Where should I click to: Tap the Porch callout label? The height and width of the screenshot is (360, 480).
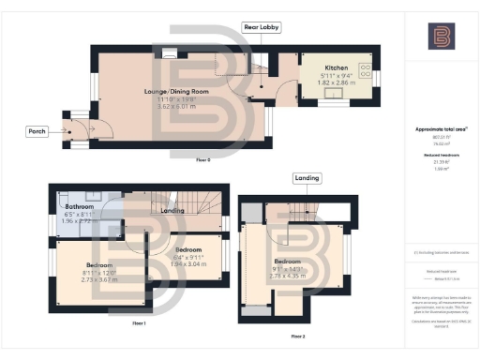coord(36,132)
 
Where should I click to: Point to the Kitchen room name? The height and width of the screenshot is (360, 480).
coord(337,68)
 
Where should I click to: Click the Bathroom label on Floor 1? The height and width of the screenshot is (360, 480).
coord(80,204)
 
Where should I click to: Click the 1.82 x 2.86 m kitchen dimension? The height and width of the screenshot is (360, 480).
coord(337,83)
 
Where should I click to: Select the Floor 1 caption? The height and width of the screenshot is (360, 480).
coord(139,322)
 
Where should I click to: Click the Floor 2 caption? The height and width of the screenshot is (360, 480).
coord(298,335)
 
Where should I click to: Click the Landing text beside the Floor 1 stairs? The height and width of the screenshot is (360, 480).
coord(172,211)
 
